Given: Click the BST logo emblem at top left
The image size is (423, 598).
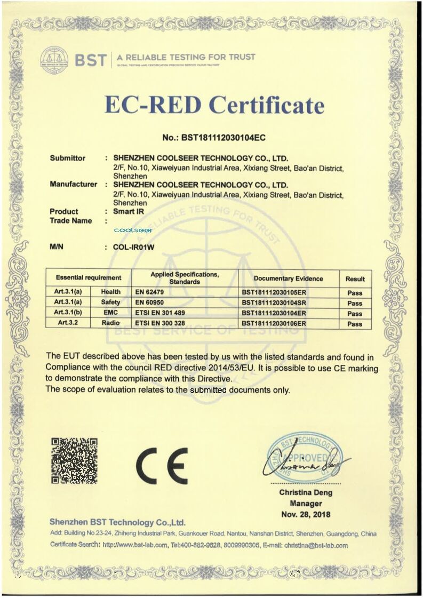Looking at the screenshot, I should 54,59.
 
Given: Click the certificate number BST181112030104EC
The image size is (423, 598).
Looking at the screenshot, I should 213,138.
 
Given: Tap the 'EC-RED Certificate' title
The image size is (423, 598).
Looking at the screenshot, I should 214,104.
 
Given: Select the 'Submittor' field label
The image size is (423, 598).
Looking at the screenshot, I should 67,158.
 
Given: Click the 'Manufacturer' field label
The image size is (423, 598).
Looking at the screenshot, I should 74,184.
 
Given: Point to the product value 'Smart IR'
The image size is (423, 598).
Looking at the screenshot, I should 129,211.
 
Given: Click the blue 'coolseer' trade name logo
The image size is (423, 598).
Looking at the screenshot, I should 133,230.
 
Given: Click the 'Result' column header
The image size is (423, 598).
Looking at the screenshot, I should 355,278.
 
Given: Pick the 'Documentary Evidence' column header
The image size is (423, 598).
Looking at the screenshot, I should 288,278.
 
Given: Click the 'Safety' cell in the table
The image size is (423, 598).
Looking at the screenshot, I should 111,302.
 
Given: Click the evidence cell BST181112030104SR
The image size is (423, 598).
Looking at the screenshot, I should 274,302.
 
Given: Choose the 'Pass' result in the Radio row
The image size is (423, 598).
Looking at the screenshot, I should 355,324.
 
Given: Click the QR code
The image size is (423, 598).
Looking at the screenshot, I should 74,460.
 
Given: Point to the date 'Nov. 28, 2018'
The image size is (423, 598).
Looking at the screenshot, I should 306,515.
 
